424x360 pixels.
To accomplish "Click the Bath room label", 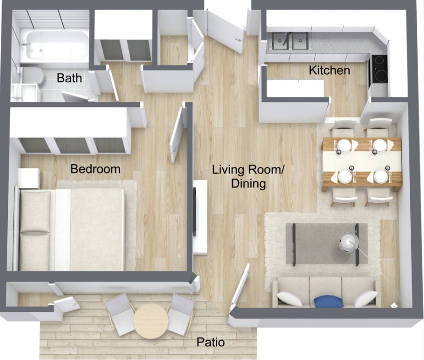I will [69, 78].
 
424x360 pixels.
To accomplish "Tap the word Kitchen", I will [329, 70].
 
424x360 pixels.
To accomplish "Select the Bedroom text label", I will [95, 169].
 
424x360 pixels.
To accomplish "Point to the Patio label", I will [210, 342].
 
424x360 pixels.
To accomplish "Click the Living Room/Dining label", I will [248, 177].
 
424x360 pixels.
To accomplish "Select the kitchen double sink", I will [289, 41].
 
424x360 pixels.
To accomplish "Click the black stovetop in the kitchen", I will [380, 69].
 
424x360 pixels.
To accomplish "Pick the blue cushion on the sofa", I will [328, 301].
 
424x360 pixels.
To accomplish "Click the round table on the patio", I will [152, 321].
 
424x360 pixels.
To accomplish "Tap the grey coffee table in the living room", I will [326, 244].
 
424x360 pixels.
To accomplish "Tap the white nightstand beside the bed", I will [29, 178].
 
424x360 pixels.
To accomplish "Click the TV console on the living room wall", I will [200, 216].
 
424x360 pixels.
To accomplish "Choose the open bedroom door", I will [178, 133].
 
